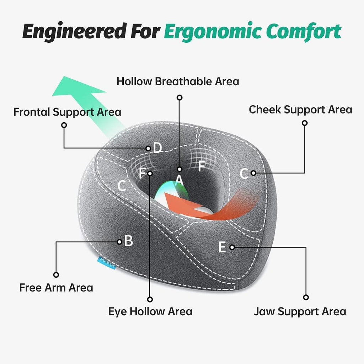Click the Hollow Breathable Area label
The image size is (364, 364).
click(178, 81)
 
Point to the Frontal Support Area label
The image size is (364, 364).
click(67, 112)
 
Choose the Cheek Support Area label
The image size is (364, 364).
click(300, 109)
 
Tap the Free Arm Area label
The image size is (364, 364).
click(56, 287)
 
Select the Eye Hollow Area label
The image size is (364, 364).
click(150, 312)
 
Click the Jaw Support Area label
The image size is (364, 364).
click(300, 312)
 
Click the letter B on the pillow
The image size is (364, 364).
click(129, 241)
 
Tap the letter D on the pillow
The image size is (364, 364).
click(157, 148)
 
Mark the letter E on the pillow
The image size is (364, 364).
click(222, 247)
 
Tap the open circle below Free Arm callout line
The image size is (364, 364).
click(56, 275)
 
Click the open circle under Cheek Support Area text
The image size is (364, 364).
click(305, 123)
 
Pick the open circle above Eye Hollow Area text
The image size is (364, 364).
click(150, 299)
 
